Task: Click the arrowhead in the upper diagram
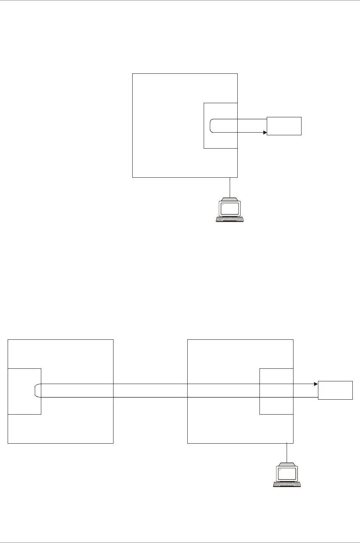click(264, 133)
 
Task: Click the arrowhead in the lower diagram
click(316, 384)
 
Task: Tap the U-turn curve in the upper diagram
click(211, 126)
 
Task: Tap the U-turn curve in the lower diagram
click(35, 391)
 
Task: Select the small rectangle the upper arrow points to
click(284, 126)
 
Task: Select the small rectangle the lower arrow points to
click(335, 390)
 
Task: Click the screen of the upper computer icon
click(230, 208)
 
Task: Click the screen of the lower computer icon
click(287, 473)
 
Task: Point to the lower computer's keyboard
click(287, 485)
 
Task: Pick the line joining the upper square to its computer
click(230, 187)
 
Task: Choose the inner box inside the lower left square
click(24, 405)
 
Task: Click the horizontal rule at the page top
click(180, 0)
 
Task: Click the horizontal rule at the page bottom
click(180, 542)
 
